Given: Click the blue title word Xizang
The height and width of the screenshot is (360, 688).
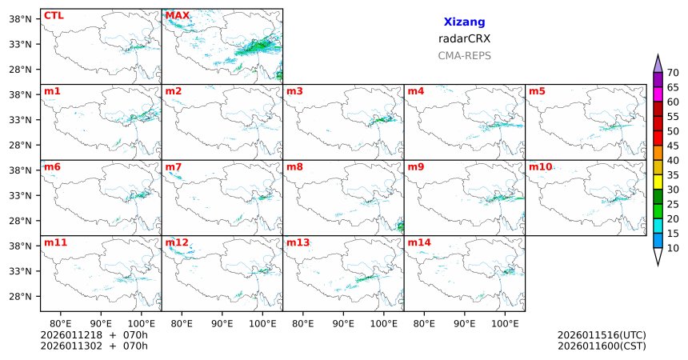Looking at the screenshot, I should [x=464, y=22].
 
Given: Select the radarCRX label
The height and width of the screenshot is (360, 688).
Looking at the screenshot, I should [x=464, y=38].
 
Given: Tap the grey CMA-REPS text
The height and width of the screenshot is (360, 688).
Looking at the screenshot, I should [x=464, y=56].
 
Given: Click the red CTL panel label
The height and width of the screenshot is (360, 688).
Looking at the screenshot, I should [x=54, y=15].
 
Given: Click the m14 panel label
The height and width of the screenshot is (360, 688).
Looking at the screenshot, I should [x=418, y=242].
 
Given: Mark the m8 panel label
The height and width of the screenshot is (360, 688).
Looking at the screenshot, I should [x=294, y=166].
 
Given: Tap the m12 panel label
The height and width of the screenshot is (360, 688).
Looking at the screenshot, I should [x=177, y=242].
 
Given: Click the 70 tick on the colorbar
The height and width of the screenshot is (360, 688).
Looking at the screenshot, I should [x=673, y=73].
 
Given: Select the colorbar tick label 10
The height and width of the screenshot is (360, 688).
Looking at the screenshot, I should [x=673, y=249].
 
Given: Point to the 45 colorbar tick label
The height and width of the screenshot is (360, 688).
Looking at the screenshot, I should [x=673, y=146].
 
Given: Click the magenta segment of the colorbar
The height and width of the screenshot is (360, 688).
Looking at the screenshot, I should [x=658, y=94].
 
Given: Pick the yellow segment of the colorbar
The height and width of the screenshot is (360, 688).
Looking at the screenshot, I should [x=658, y=182].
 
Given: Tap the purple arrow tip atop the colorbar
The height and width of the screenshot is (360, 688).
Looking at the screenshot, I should [x=658, y=63].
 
